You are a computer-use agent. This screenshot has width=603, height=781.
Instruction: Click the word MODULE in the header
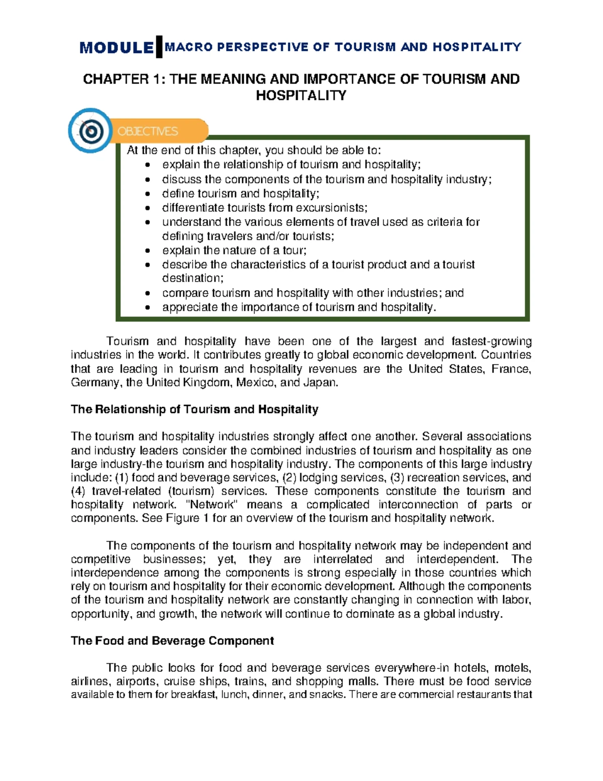(x=117, y=48)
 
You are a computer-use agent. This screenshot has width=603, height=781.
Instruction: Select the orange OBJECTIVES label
(x=148, y=131)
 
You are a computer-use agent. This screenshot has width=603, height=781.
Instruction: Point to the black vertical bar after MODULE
(x=159, y=47)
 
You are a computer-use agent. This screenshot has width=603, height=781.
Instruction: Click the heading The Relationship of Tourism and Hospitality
(x=194, y=409)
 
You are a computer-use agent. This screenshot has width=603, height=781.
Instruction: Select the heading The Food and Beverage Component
(x=172, y=641)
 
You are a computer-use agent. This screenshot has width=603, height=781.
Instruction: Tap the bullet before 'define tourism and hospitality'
(x=147, y=194)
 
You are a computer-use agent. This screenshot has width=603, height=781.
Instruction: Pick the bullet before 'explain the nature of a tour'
(x=147, y=250)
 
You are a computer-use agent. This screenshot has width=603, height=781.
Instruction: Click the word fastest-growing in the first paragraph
(x=491, y=341)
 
